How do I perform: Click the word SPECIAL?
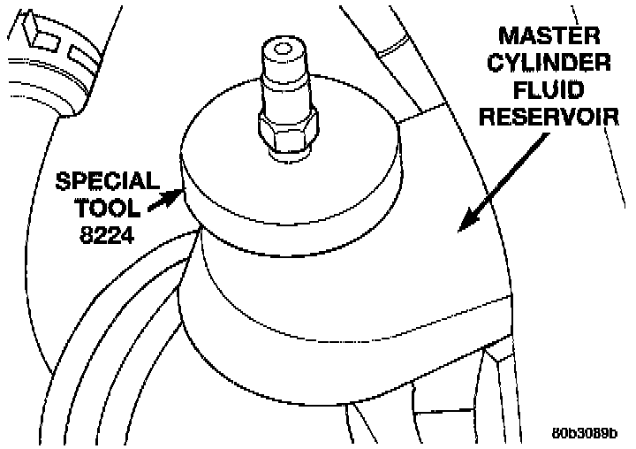(x=108, y=182)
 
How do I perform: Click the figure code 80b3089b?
(x=585, y=434)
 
